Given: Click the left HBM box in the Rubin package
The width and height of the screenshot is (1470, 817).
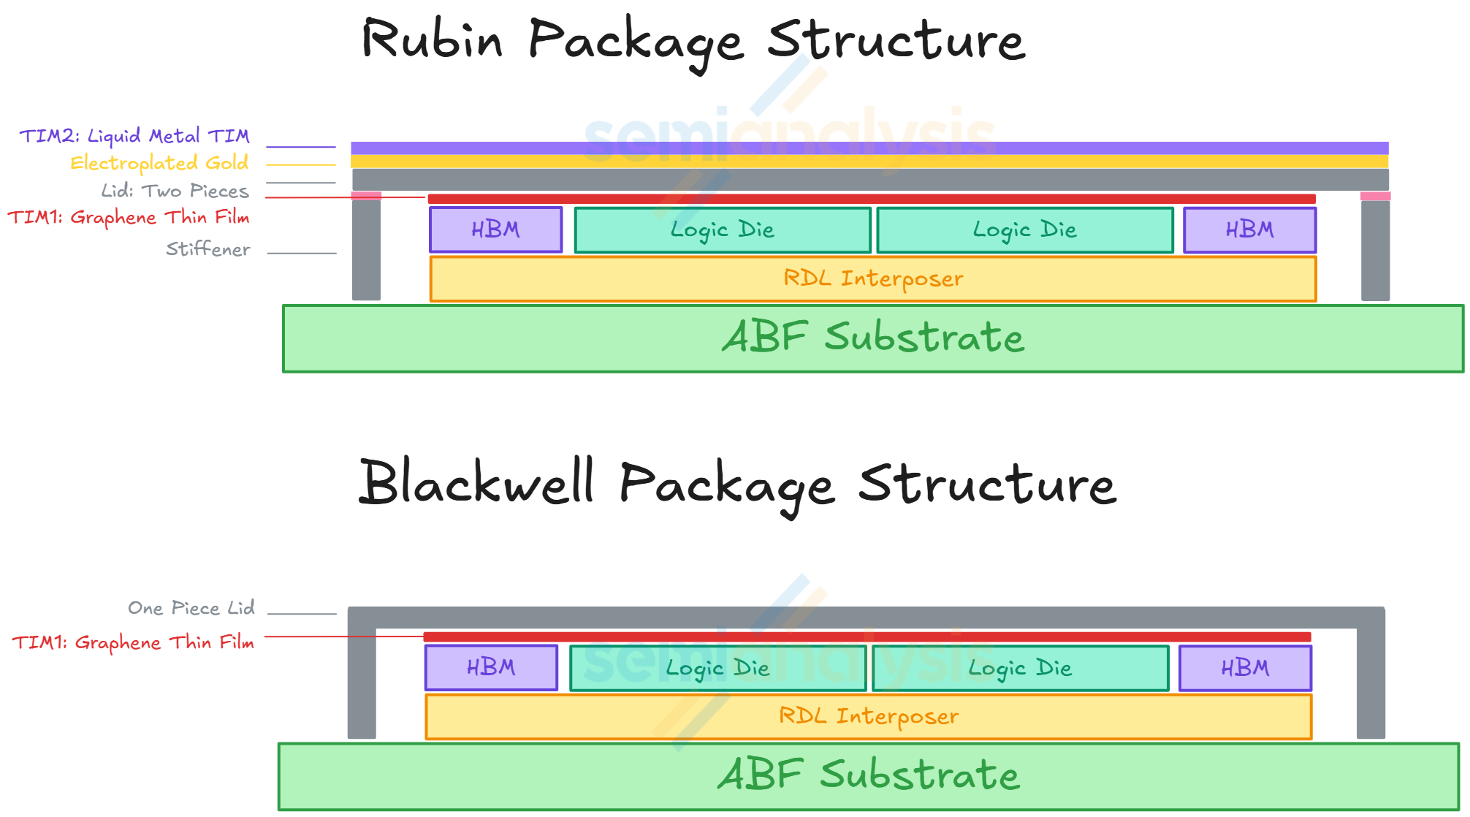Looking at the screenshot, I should pos(495,230).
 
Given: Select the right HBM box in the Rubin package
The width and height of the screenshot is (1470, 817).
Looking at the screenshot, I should pos(1249,230).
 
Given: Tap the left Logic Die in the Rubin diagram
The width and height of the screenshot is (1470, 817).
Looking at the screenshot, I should pos(723,230).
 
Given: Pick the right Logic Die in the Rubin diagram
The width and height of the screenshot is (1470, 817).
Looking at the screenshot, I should pos(1024,230).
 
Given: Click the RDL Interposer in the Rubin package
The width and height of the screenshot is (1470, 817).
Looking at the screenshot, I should pos(873,278).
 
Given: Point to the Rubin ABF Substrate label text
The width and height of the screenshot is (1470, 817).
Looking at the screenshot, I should pos(873,338).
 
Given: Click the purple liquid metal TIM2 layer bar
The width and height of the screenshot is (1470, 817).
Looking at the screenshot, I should pos(869,148).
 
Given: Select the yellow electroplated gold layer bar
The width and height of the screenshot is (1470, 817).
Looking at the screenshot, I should pos(869,161).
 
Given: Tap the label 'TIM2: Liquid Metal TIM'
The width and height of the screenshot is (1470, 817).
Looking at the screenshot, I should pos(134,136).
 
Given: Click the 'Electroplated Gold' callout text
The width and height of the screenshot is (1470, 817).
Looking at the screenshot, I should pos(159,163).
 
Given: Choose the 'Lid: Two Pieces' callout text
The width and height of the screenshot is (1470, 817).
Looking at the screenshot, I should pos(175,191).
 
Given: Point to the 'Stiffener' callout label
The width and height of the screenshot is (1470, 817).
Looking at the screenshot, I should pos(208,249).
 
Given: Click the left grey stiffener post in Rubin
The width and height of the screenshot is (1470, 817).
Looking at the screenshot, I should pos(366,248).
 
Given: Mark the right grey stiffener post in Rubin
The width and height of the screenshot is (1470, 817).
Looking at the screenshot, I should pos(1375,248).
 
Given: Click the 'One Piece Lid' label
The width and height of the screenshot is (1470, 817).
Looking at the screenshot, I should pos(191,608).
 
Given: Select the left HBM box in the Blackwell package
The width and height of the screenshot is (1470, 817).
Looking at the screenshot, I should pos(491,668).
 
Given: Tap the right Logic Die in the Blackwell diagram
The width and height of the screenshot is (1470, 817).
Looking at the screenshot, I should pos(1020,668).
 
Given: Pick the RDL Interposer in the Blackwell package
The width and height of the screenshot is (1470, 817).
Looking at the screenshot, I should pos(869,716).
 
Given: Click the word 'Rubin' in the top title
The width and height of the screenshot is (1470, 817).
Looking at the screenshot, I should pos(433,39).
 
